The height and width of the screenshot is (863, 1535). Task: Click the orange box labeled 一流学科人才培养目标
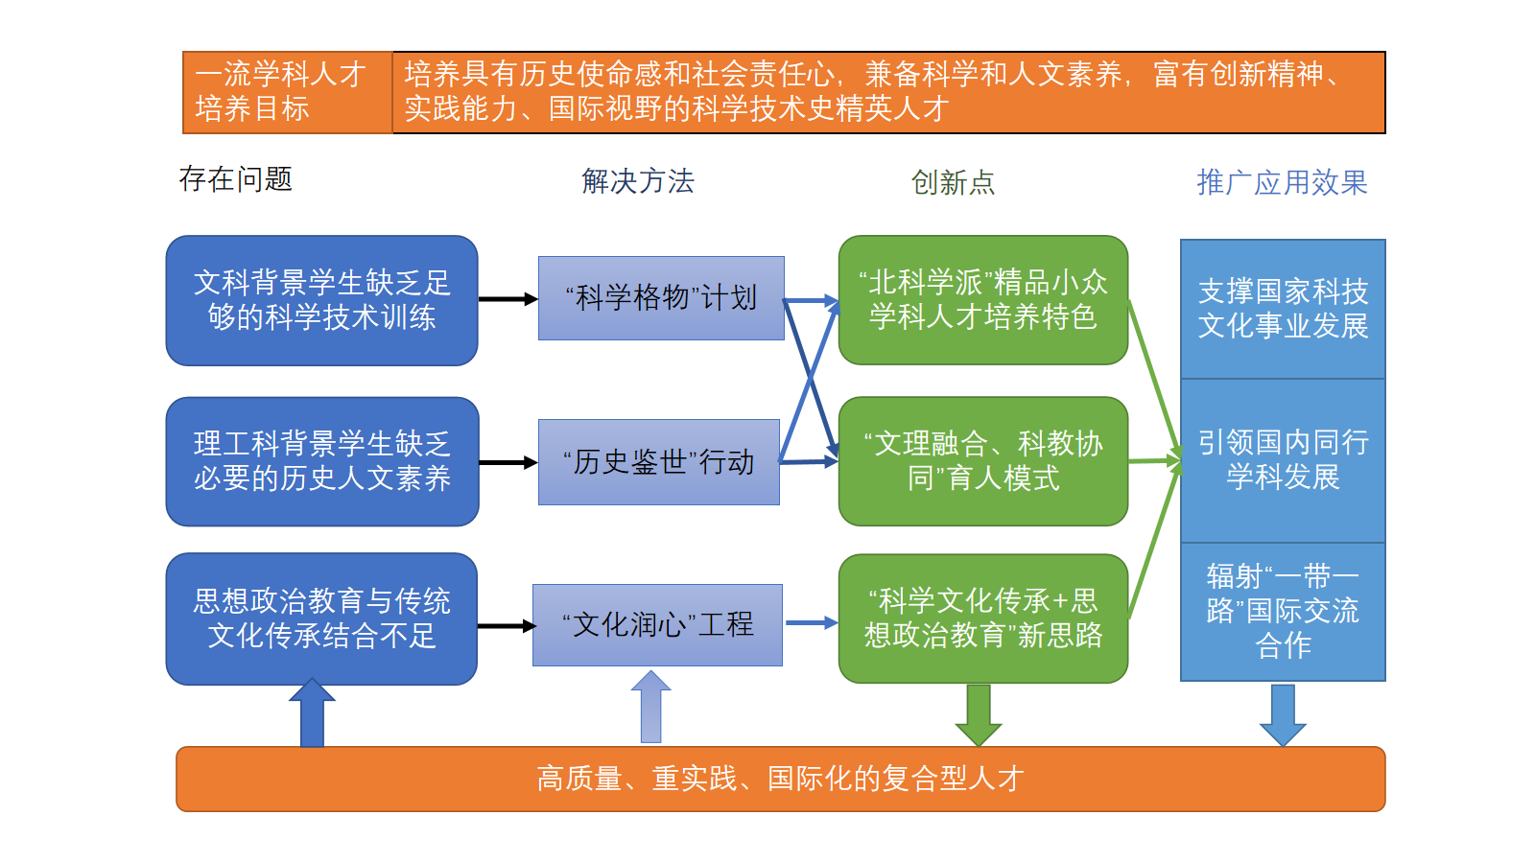(287, 92)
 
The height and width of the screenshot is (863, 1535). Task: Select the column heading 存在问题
(235, 179)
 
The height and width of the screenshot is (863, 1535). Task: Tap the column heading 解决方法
(637, 181)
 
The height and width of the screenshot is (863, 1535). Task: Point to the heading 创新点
(953, 182)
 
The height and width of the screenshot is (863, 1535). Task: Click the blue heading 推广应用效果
(1282, 182)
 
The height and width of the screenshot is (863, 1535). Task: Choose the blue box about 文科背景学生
(321, 300)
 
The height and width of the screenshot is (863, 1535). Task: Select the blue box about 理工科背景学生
(321, 461)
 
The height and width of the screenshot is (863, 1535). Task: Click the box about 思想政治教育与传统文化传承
(321, 618)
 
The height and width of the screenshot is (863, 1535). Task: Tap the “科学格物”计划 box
(661, 298)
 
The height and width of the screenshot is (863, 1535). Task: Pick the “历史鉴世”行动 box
(659, 462)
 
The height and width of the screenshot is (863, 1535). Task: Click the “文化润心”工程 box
(658, 625)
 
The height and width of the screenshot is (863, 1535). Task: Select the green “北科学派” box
(982, 300)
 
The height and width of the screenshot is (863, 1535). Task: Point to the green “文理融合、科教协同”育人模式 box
(982, 461)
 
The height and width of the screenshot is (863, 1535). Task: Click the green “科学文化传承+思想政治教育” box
(982, 618)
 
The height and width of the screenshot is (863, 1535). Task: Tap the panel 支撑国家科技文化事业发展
(1283, 309)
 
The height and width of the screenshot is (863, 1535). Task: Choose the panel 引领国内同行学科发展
(1283, 460)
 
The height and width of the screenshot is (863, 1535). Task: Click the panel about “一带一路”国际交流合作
(1283, 612)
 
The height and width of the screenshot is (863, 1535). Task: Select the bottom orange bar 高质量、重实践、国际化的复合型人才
(780, 779)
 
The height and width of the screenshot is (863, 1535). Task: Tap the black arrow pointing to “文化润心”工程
(506, 626)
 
